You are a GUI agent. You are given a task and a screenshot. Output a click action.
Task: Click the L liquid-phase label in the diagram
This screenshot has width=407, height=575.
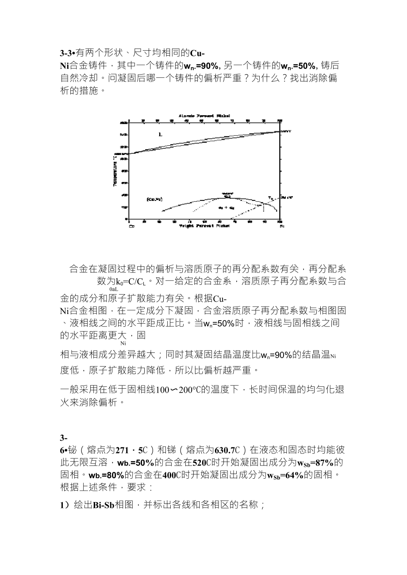point(160,134)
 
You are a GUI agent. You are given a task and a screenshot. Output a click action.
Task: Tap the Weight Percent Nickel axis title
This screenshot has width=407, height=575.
point(204,226)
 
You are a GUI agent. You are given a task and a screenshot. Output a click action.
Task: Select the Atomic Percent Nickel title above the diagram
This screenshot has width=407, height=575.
point(204,116)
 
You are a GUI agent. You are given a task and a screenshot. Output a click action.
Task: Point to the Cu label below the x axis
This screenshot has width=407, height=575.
point(131,226)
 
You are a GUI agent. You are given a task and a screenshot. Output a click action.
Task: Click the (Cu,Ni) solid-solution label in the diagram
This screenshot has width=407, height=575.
point(154,200)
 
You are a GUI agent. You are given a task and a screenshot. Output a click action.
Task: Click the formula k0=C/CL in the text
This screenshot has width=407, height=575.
point(131,281)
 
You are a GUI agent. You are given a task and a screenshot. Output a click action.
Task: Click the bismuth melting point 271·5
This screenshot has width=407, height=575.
point(129,450)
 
